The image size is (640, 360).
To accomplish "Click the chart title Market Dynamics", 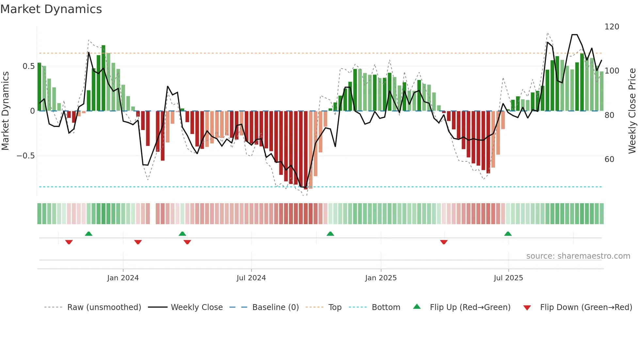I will [x=51, y=9].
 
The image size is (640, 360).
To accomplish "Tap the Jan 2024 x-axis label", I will [x=123, y=278].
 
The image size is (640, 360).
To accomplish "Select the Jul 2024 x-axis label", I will [x=251, y=278].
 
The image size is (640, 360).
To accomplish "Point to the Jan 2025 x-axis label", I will [x=381, y=278].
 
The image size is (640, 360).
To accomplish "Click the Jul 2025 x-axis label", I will [x=508, y=278].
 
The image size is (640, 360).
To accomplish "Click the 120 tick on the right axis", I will [x=612, y=27].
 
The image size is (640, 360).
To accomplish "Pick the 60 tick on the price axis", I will [x=609, y=159].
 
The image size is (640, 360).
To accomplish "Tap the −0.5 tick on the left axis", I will [x=25, y=156].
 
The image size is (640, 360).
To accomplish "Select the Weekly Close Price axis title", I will [x=632, y=111].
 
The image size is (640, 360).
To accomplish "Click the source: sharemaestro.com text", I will [x=578, y=256].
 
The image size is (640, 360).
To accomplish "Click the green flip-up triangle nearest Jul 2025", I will [x=508, y=234].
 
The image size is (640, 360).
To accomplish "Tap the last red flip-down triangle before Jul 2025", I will [x=443, y=242].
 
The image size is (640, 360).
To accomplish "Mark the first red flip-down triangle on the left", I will [x=69, y=242].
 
